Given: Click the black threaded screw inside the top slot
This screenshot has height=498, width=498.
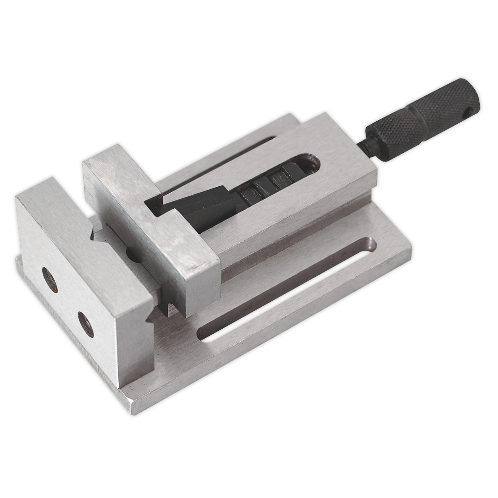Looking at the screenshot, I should pos(266,183).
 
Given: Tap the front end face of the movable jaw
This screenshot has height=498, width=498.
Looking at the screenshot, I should pos(199,286).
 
